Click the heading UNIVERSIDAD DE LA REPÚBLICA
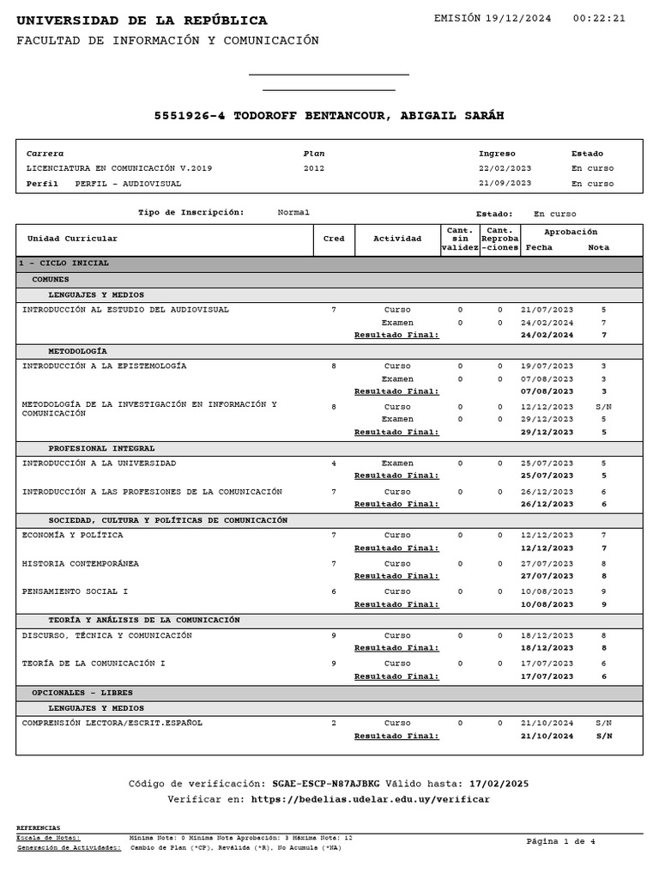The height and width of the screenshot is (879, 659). coord(142,21)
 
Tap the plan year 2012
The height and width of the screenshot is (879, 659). coord(314,169)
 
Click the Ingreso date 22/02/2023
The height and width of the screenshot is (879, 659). coord(505,169)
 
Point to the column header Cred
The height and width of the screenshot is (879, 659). coord(333,239)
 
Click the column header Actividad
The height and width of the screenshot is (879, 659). coord(397,239)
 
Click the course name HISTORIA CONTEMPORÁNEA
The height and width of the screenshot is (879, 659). coord(81,564)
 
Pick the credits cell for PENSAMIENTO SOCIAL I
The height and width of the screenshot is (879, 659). coord(333,591)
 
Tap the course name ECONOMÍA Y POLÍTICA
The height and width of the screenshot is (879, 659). coord(72,536)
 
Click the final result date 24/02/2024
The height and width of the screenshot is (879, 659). coord(547,336)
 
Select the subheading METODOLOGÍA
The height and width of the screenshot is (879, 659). coord(77,352)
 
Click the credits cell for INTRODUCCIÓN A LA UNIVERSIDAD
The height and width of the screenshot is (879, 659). coord(333,464)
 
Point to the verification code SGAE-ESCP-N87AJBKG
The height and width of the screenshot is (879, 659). coord(325,784)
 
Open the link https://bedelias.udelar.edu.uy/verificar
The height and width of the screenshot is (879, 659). coord(371,800)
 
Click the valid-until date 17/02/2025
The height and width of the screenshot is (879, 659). coord(499,784)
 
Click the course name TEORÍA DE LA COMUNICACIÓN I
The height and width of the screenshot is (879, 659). coord(94,664)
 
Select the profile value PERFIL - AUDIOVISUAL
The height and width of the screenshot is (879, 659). coord(128,184)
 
